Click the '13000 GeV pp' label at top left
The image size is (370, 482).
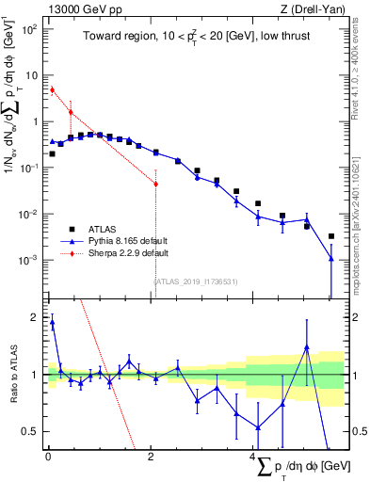(x=77, y=8)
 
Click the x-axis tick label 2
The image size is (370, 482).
(x=151, y=456)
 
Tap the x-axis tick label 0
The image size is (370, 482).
(x=48, y=456)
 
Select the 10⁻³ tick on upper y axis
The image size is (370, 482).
(x=29, y=260)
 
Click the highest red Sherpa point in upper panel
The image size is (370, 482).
(x=52, y=89)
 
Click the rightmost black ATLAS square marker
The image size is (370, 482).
(x=330, y=236)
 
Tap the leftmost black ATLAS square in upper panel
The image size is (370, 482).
(x=52, y=153)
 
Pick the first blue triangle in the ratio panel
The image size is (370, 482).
(x=52, y=322)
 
